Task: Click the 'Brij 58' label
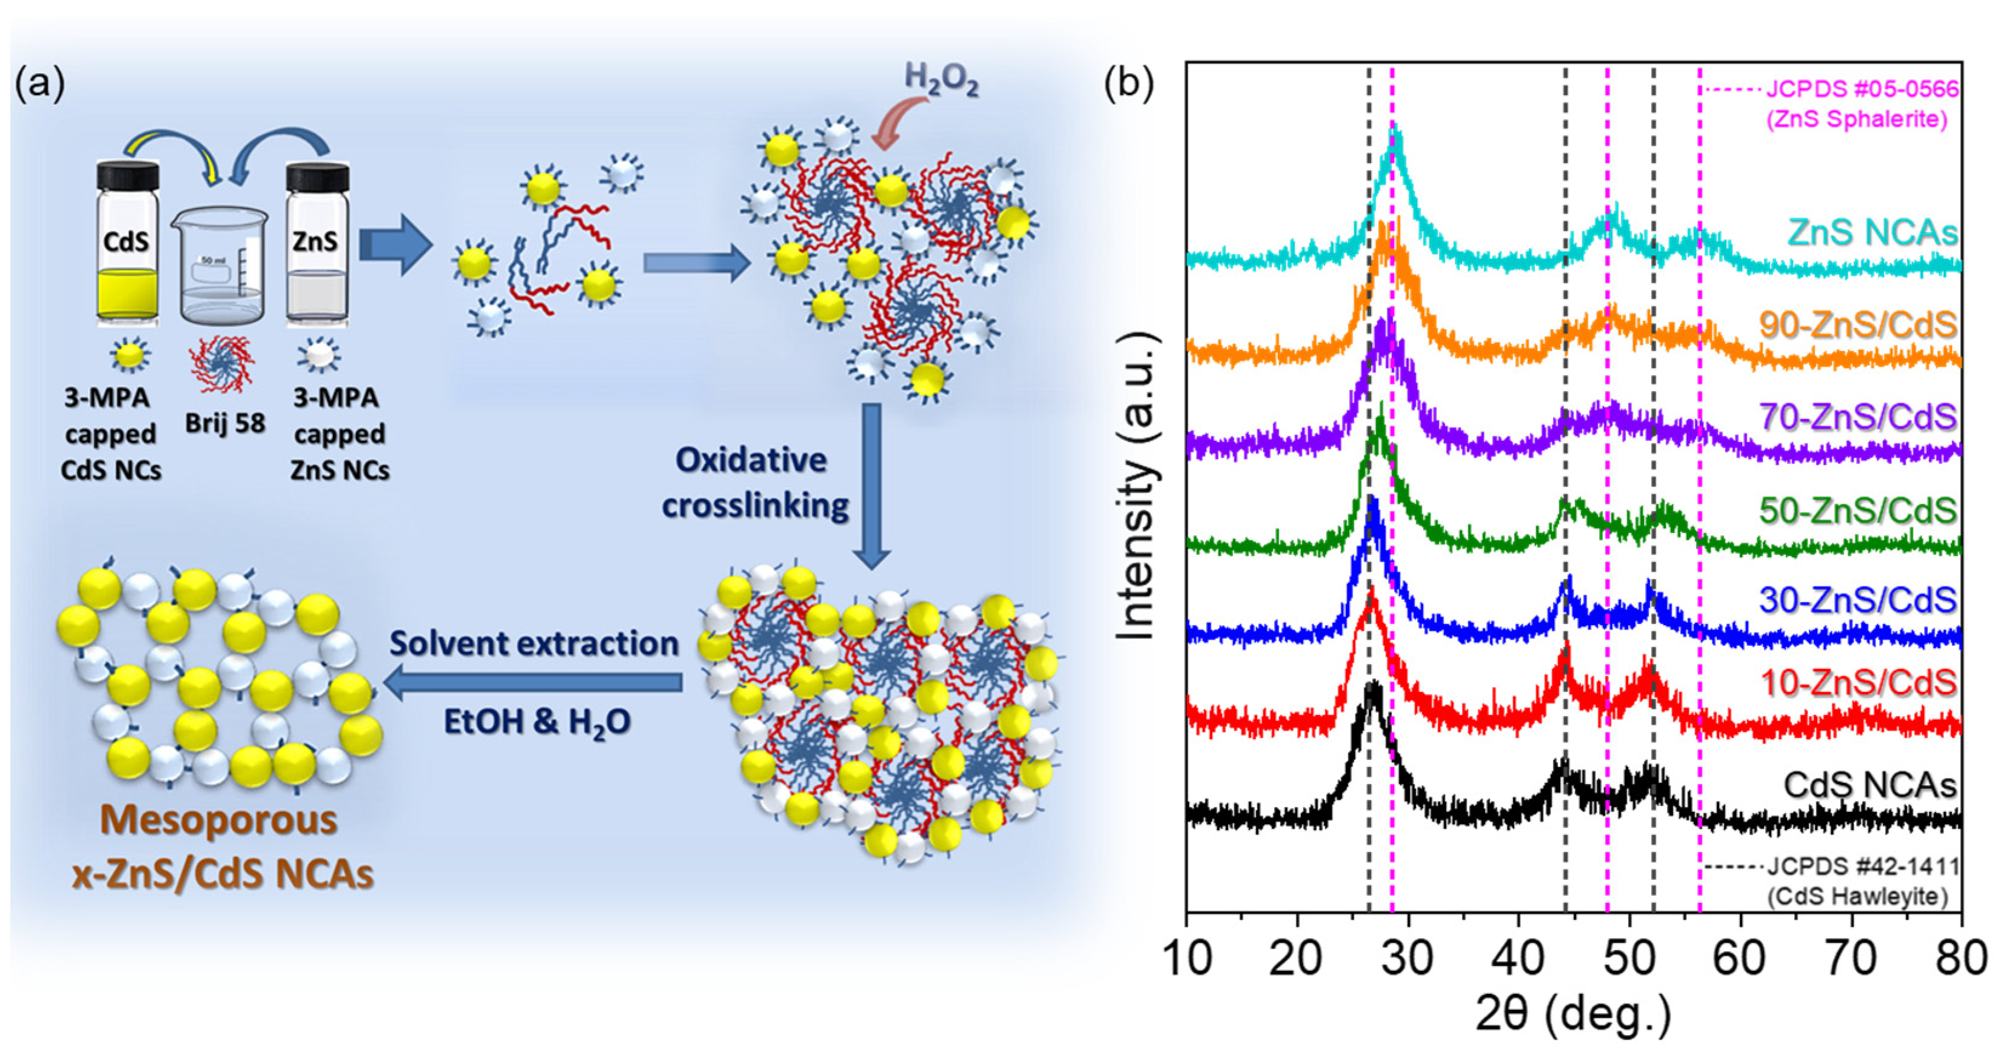point(225,423)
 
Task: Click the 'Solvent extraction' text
point(534,644)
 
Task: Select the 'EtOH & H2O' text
point(537,722)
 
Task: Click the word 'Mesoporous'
point(219,819)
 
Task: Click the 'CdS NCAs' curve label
point(1870,785)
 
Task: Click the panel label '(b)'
point(1128,84)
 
